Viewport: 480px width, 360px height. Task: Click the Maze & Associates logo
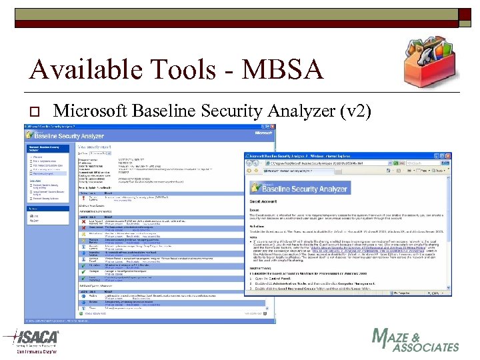[415, 340]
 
